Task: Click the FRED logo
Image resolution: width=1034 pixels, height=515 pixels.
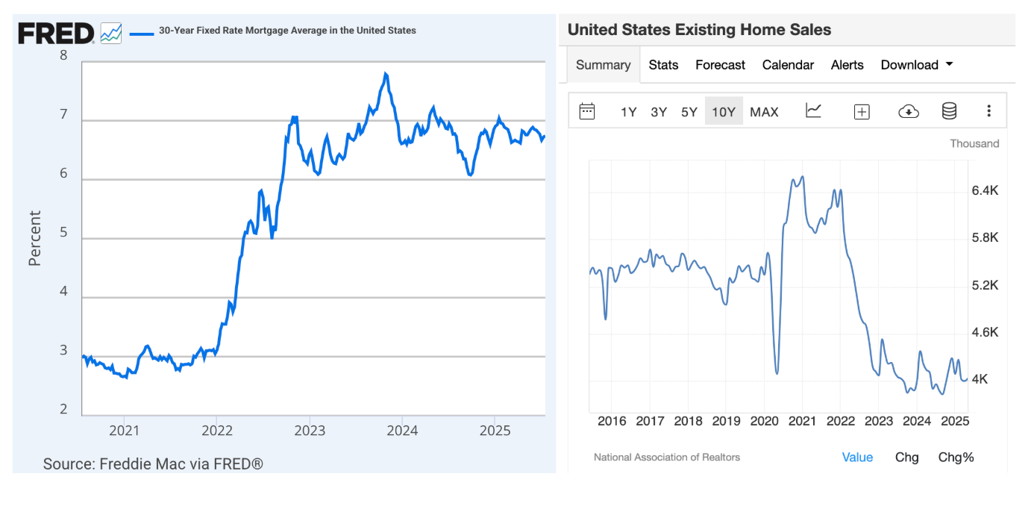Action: (56, 33)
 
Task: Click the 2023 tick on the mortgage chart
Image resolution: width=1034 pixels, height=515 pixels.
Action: (310, 431)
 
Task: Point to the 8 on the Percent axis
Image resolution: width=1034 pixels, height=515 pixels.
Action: (63, 55)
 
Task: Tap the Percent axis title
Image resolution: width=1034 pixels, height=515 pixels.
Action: (35, 238)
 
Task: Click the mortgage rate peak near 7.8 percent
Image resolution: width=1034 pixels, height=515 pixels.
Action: (385, 73)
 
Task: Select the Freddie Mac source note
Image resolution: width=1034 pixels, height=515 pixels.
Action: (153, 463)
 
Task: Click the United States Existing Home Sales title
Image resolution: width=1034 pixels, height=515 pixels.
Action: (699, 30)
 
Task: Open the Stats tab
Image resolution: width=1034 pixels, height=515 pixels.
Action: (663, 65)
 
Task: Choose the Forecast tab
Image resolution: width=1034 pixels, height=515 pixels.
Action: (720, 65)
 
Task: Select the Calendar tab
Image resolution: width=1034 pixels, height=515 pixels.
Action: (788, 65)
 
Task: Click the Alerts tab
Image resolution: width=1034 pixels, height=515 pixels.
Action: (847, 65)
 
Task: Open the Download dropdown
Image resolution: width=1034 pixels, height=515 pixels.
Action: (917, 65)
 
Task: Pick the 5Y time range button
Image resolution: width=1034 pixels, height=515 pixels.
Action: (689, 112)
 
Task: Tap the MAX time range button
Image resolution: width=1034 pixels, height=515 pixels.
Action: (764, 112)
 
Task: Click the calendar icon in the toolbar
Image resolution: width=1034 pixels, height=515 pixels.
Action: (587, 111)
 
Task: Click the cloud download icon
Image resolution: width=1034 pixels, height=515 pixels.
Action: (908, 111)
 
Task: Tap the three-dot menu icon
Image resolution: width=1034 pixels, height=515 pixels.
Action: (988, 111)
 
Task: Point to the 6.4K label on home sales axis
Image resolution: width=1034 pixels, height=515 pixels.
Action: (985, 191)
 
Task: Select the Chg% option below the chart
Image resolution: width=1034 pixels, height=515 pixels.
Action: (956, 458)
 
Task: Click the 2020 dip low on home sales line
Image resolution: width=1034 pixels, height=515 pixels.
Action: (777, 372)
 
